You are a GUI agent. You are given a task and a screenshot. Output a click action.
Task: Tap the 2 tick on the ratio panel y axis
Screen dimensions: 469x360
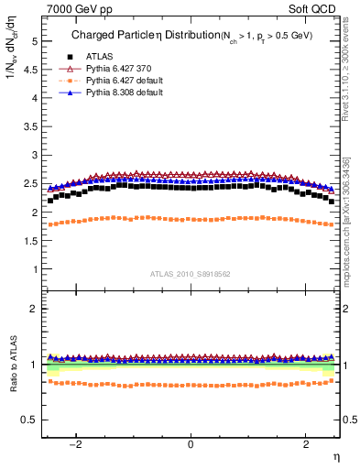click(x=34, y=309)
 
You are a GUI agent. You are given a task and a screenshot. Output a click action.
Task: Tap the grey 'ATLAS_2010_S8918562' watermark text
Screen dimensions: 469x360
click(x=190, y=274)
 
